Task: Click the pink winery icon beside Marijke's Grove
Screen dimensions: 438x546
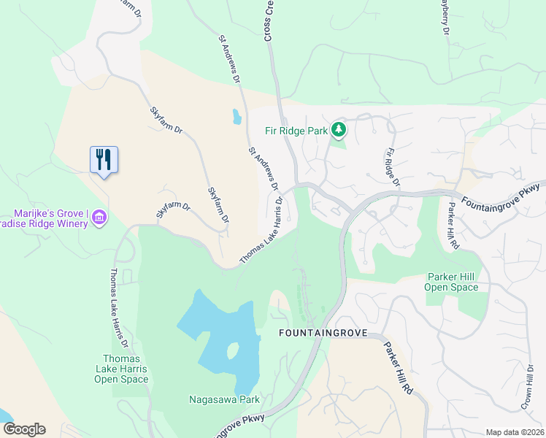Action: click(x=100, y=217)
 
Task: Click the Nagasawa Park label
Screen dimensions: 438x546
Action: click(x=224, y=399)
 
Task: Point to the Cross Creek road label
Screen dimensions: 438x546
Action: click(x=268, y=20)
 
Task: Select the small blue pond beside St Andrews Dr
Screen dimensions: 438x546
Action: click(x=236, y=116)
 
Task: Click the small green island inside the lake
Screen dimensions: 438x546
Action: click(x=233, y=351)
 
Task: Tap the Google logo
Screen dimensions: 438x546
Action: click(x=24, y=429)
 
